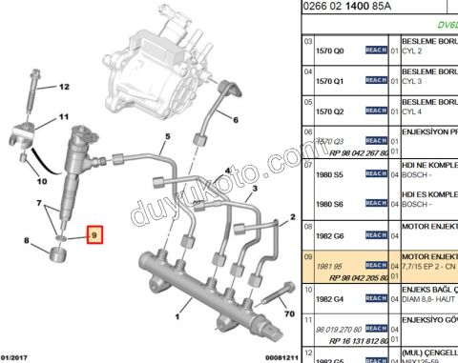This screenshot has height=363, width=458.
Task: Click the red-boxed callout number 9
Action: [x=94, y=232]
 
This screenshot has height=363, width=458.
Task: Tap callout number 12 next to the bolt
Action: [x=64, y=87]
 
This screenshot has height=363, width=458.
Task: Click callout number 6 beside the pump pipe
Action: [x=233, y=119]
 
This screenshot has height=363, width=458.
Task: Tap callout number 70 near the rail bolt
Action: [x=286, y=313]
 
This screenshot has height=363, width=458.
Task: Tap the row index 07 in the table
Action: [x=307, y=163]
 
